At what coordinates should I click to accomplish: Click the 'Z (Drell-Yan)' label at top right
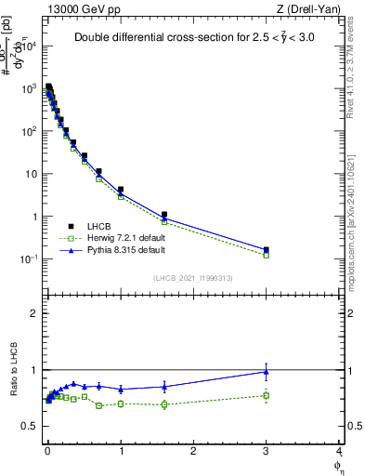click(x=308, y=8)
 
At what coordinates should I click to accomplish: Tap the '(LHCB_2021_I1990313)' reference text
click(x=192, y=278)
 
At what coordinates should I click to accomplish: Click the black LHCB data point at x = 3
click(x=267, y=250)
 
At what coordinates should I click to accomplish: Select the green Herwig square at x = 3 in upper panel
click(x=267, y=255)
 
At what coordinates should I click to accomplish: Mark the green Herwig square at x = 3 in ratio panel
click(x=267, y=395)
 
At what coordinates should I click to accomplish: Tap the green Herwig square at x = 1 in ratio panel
click(x=121, y=403)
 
